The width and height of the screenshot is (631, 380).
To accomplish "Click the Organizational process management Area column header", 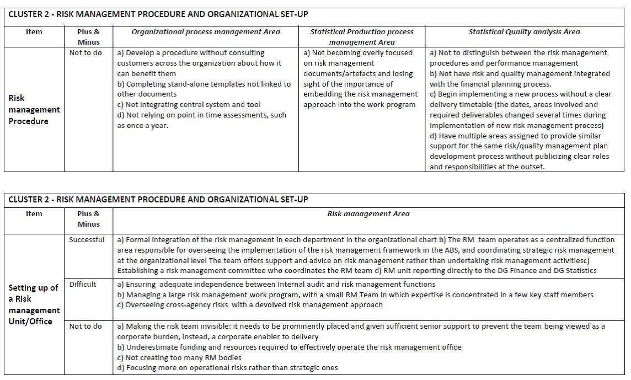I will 205,32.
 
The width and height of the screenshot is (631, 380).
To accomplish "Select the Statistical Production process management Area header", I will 362,37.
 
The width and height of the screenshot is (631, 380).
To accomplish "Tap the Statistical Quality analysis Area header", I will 524,32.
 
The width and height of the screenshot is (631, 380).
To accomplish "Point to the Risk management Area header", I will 368,214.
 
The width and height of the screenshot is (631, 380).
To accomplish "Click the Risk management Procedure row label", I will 34,109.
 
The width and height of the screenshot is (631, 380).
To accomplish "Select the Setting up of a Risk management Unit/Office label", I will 33,304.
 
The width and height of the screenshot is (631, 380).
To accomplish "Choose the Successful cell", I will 87,240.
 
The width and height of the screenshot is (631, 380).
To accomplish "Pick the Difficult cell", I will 83,285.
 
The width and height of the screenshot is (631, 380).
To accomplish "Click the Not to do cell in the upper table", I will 85,53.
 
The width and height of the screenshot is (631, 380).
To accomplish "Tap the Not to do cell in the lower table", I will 85,327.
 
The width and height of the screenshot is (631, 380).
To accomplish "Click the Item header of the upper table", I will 34,32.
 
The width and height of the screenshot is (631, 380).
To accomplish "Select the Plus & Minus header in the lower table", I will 88,219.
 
